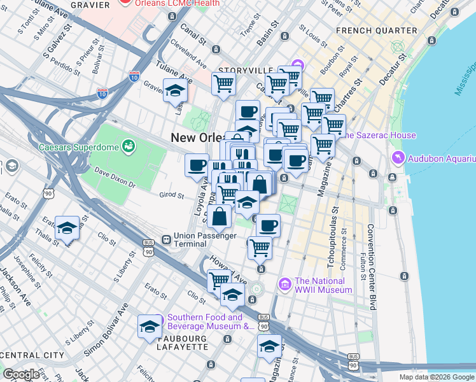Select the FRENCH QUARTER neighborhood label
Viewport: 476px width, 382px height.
pos(376,31)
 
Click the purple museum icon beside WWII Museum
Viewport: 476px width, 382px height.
pos(284,282)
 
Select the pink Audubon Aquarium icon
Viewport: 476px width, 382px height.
pos(398,157)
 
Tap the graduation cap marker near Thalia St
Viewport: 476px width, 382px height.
pos(67,228)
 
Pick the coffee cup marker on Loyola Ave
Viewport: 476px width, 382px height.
pos(197,164)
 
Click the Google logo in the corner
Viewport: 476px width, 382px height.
pos(21,374)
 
